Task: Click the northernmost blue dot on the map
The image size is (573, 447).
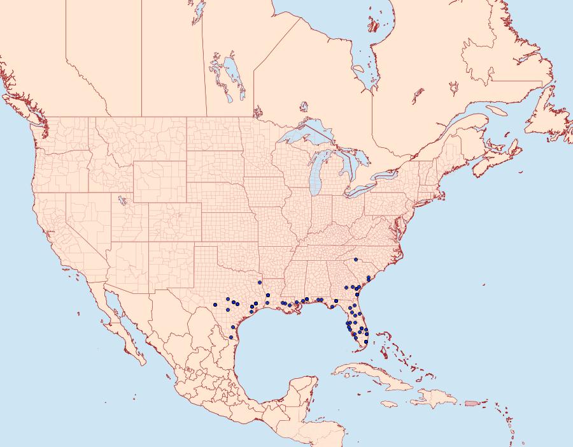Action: [357, 260]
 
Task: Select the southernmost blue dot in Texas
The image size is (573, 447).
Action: [231, 337]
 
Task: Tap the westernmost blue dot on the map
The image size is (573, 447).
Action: [216, 305]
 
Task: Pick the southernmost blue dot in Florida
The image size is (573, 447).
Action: [366, 342]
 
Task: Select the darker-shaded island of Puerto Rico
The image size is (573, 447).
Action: [472, 403]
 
